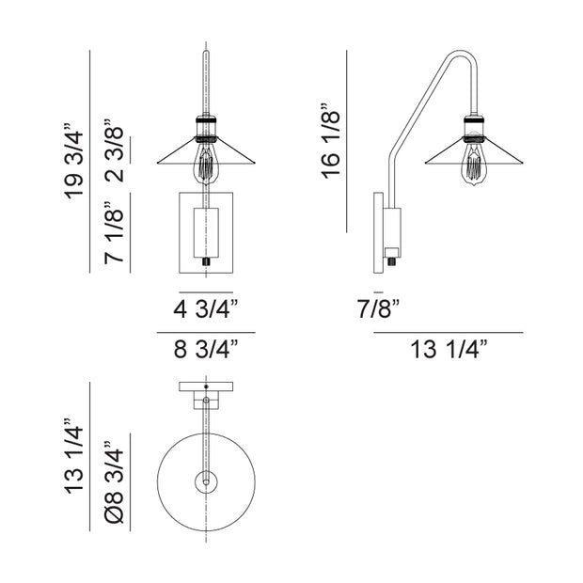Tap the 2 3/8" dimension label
click(114, 150)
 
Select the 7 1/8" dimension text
click(114, 233)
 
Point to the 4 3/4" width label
click(206, 309)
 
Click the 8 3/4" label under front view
click(206, 349)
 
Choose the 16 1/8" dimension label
click(331, 140)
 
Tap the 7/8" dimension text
click(378, 308)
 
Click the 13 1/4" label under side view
click(449, 349)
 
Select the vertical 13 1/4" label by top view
click(74, 456)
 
